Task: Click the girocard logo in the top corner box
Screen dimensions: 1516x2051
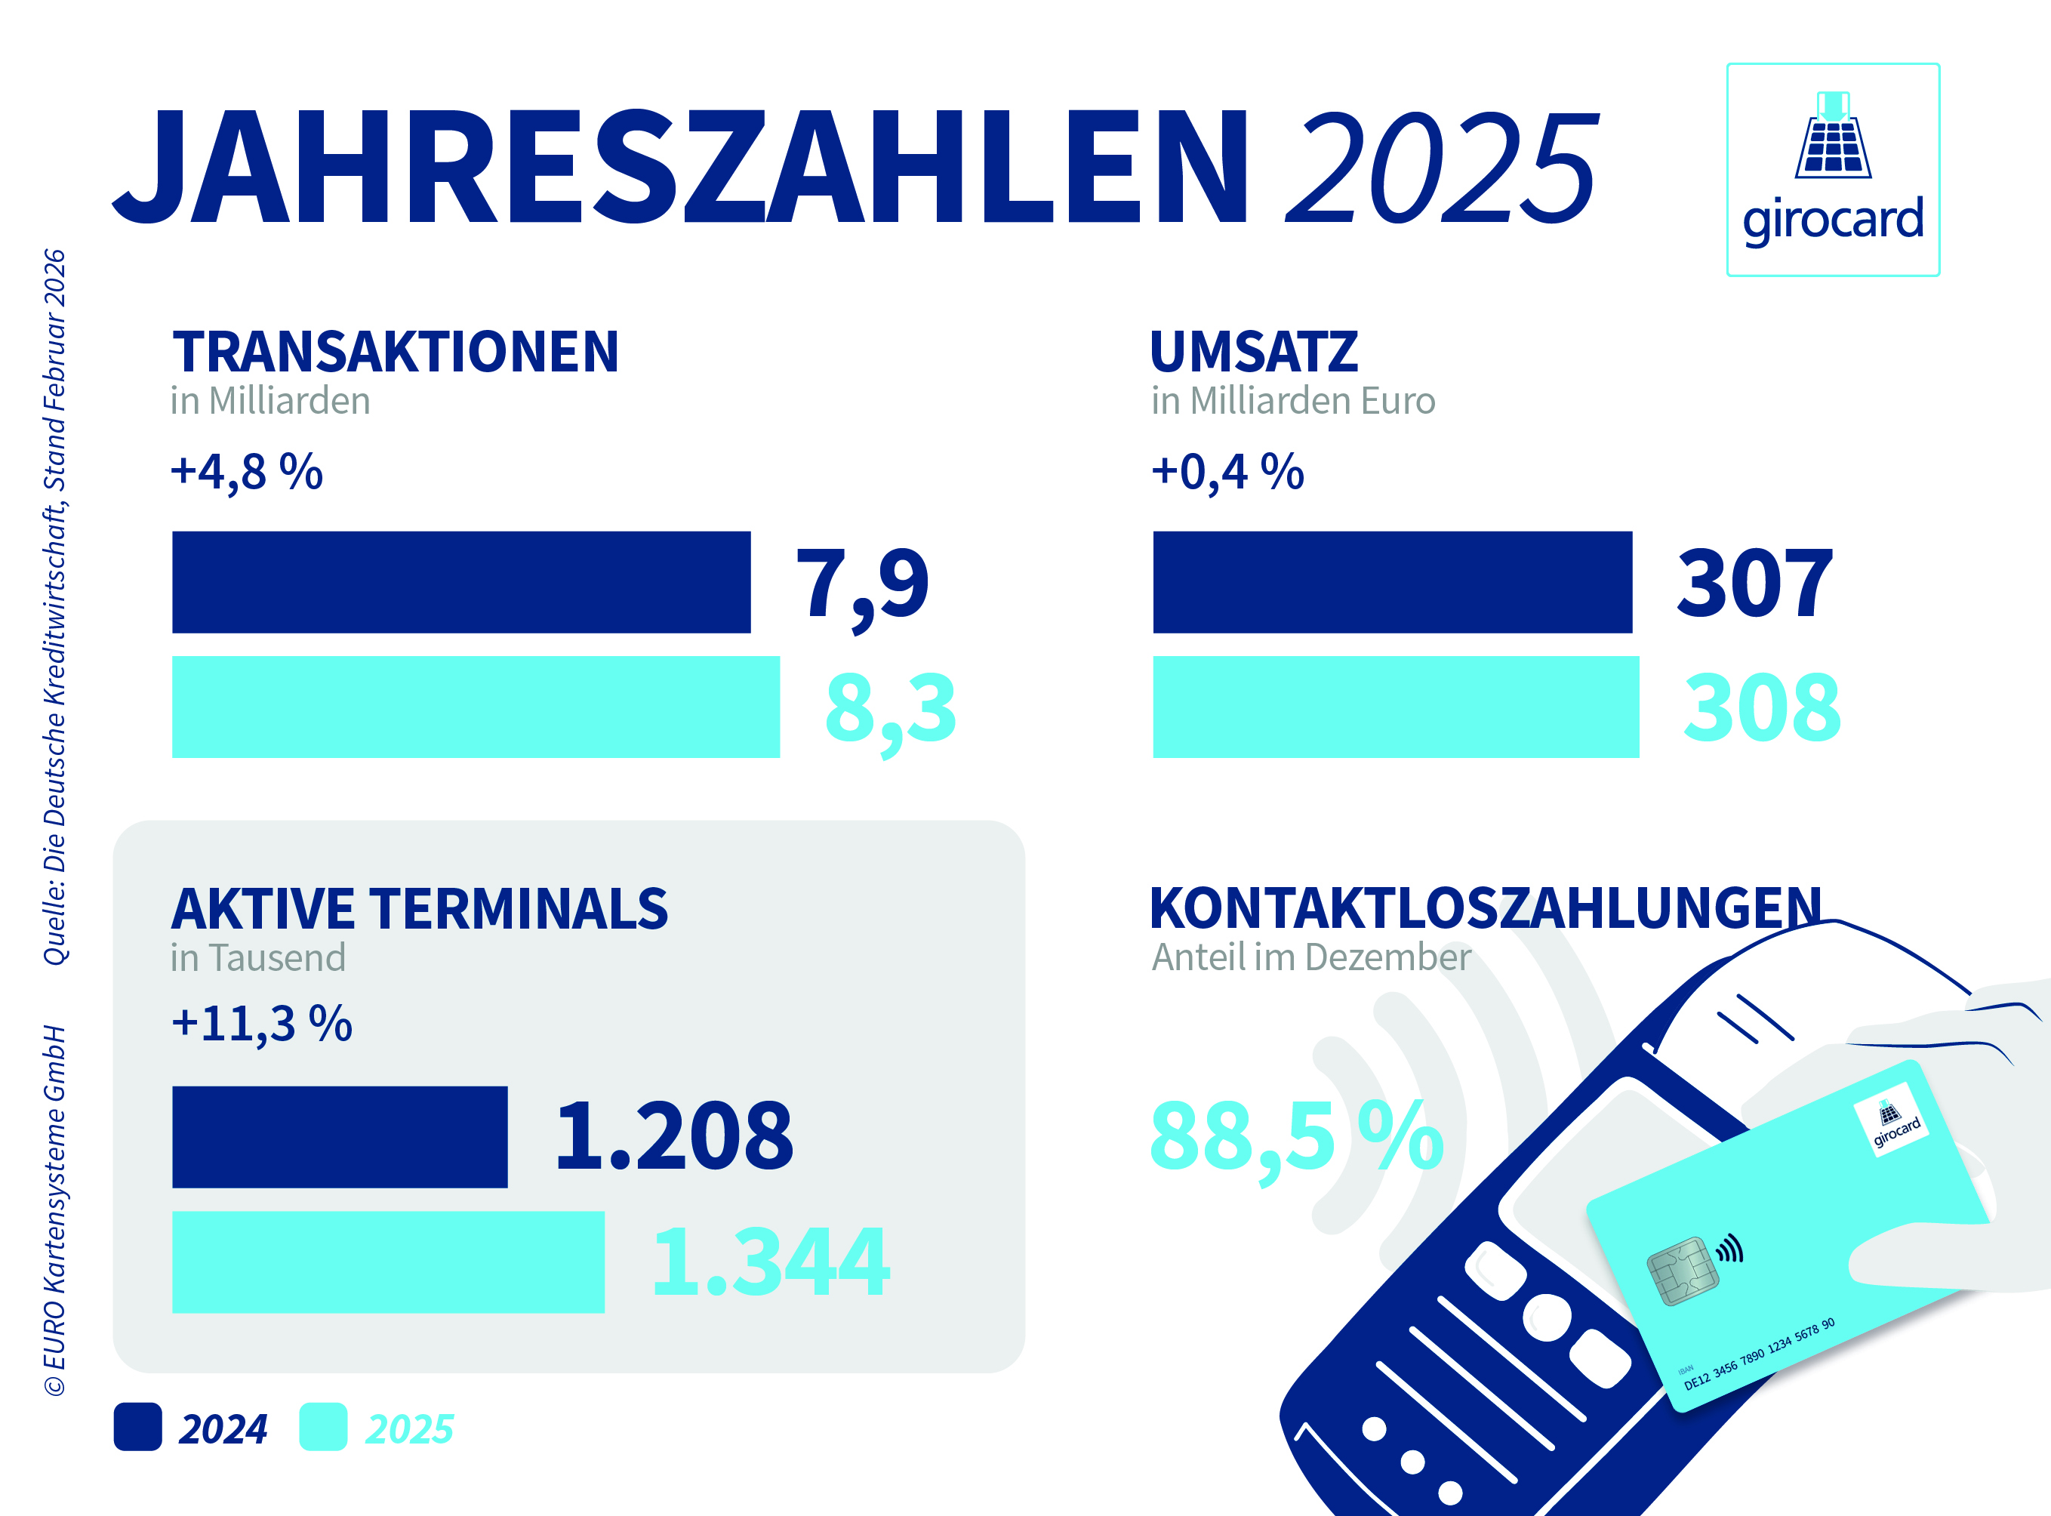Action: click(x=1833, y=169)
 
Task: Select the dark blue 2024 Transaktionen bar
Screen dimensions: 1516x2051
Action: click(x=460, y=582)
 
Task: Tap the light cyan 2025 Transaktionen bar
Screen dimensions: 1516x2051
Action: click(x=476, y=707)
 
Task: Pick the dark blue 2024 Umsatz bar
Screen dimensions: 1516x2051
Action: click(x=1392, y=582)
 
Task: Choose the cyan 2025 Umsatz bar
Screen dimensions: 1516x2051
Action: click(x=1396, y=707)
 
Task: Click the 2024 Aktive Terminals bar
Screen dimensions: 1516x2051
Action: click(x=340, y=1137)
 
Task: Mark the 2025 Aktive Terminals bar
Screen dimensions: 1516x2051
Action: click(x=388, y=1262)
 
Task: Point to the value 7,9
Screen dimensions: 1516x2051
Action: click(x=862, y=584)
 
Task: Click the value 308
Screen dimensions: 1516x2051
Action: click(x=1761, y=707)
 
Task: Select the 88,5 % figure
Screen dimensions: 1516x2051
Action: click(x=1296, y=1138)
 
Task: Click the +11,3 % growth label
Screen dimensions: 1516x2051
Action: click(x=261, y=1023)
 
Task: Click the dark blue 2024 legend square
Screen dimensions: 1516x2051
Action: click(x=137, y=1426)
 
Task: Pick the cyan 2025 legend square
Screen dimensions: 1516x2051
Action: click(x=323, y=1426)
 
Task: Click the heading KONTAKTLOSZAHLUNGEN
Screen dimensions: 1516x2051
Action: click(x=1485, y=908)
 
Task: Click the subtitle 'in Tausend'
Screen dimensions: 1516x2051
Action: click(x=258, y=958)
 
